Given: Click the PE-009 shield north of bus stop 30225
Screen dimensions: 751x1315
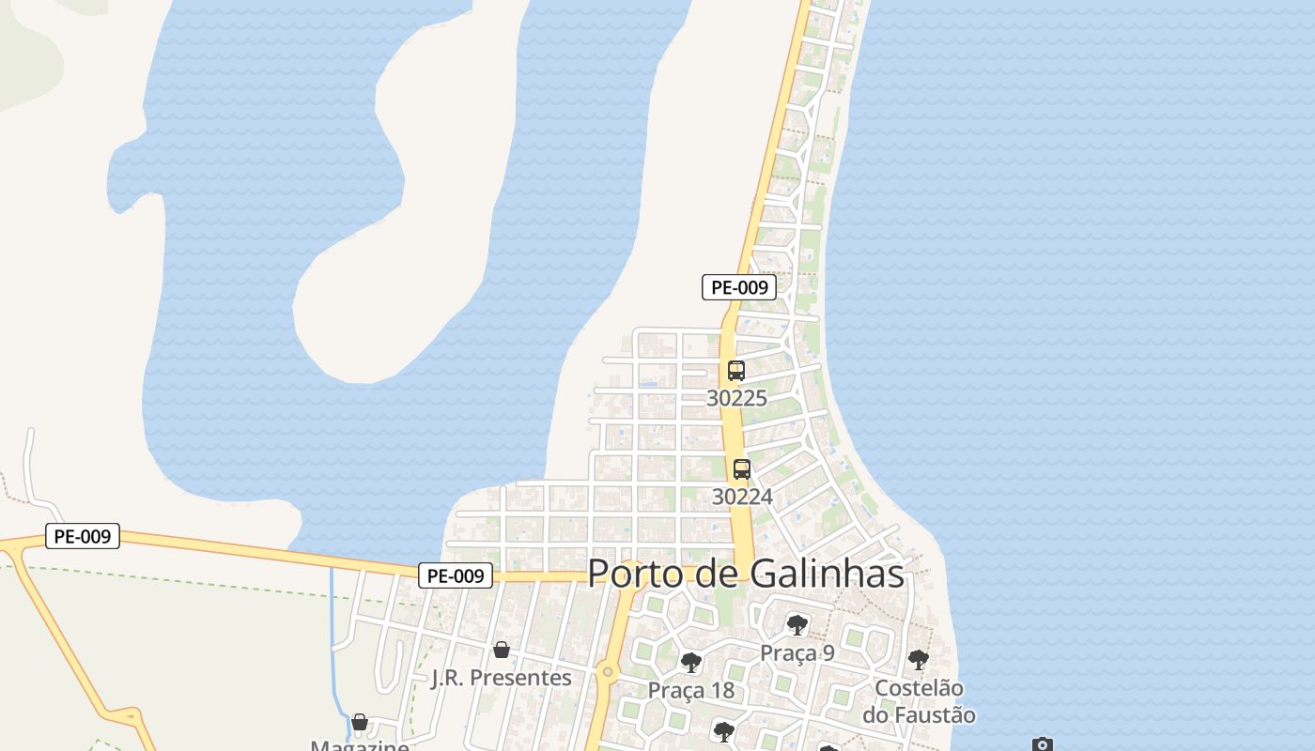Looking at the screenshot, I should (x=739, y=287).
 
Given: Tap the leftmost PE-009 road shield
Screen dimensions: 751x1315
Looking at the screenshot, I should (x=83, y=536).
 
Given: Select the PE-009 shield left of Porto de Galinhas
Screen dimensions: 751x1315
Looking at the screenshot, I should (x=456, y=575).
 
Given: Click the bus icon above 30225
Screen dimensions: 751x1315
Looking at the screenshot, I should (x=735, y=371).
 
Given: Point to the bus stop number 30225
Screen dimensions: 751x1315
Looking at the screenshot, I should (x=736, y=398).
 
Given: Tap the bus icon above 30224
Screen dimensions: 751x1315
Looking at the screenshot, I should (x=742, y=469).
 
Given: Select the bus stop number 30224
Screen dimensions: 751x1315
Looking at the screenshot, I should (x=742, y=496).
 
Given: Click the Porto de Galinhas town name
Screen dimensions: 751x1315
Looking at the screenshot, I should (x=746, y=574).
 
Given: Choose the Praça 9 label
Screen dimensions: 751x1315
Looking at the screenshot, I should (x=797, y=652).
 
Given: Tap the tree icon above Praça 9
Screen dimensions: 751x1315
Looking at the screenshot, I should (x=797, y=624).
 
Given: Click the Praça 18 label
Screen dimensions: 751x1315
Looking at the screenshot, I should (x=690, y=691).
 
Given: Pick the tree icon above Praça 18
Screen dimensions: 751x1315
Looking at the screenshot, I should (x=690, y=663).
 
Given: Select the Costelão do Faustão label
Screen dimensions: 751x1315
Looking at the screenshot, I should (x=919, y=701).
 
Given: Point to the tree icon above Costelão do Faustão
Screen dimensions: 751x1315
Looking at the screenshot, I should (x=918, y=660).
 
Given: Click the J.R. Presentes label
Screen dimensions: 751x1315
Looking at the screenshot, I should (x=501, y=678).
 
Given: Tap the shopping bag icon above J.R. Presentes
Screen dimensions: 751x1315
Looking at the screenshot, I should (x=502, y=650).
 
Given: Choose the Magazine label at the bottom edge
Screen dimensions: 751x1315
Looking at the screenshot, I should (x=360, y=746).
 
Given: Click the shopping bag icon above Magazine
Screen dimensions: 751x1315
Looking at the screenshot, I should (x=360, y=722).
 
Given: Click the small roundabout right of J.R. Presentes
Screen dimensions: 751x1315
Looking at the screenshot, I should (x=608, y=671).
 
